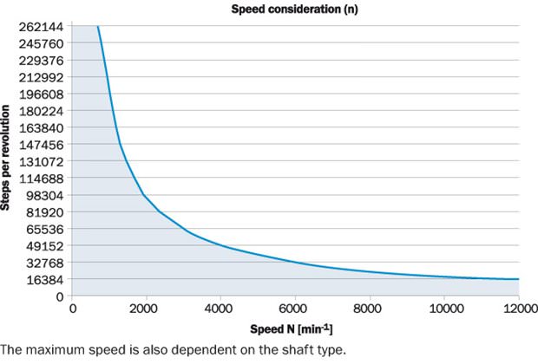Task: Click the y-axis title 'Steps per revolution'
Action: pyautogui.click(x=7, y=159)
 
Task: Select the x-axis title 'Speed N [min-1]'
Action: pyautogui.click(x=294, y=329)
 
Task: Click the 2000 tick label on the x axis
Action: pyautogui.click(x=147, y=309)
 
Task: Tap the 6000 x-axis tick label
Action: pyautogui.click(x=295, y=309)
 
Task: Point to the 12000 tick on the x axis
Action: pyautogui.click(x=517, y=309)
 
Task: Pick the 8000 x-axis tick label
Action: pyautogui.click(x=370, y=309)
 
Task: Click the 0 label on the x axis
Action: pyautogui.click(x=73, y=309)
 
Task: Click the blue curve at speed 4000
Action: pyautogui.click(x=221, y=245)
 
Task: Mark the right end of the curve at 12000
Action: pyautogui.click(x=518, y=279)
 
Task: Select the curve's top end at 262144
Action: pyautogui.click(x=98, y=26)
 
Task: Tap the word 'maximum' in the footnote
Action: pyautogui.click(x=50, y=350)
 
